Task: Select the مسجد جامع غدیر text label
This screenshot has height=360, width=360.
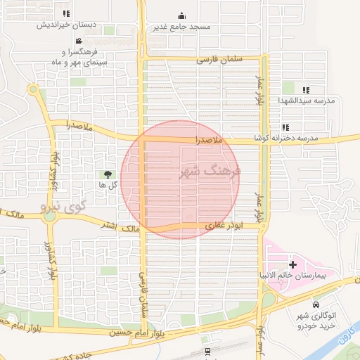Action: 182,27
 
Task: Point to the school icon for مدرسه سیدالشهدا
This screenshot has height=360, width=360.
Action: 306,91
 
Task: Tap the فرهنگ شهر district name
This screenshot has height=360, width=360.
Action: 210,171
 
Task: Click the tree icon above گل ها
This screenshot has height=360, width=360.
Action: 108,174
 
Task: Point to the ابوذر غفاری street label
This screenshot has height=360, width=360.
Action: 224,226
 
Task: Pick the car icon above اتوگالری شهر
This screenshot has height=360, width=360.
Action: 316,305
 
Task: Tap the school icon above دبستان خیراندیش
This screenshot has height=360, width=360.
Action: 66,13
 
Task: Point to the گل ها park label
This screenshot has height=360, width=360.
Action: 108,185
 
